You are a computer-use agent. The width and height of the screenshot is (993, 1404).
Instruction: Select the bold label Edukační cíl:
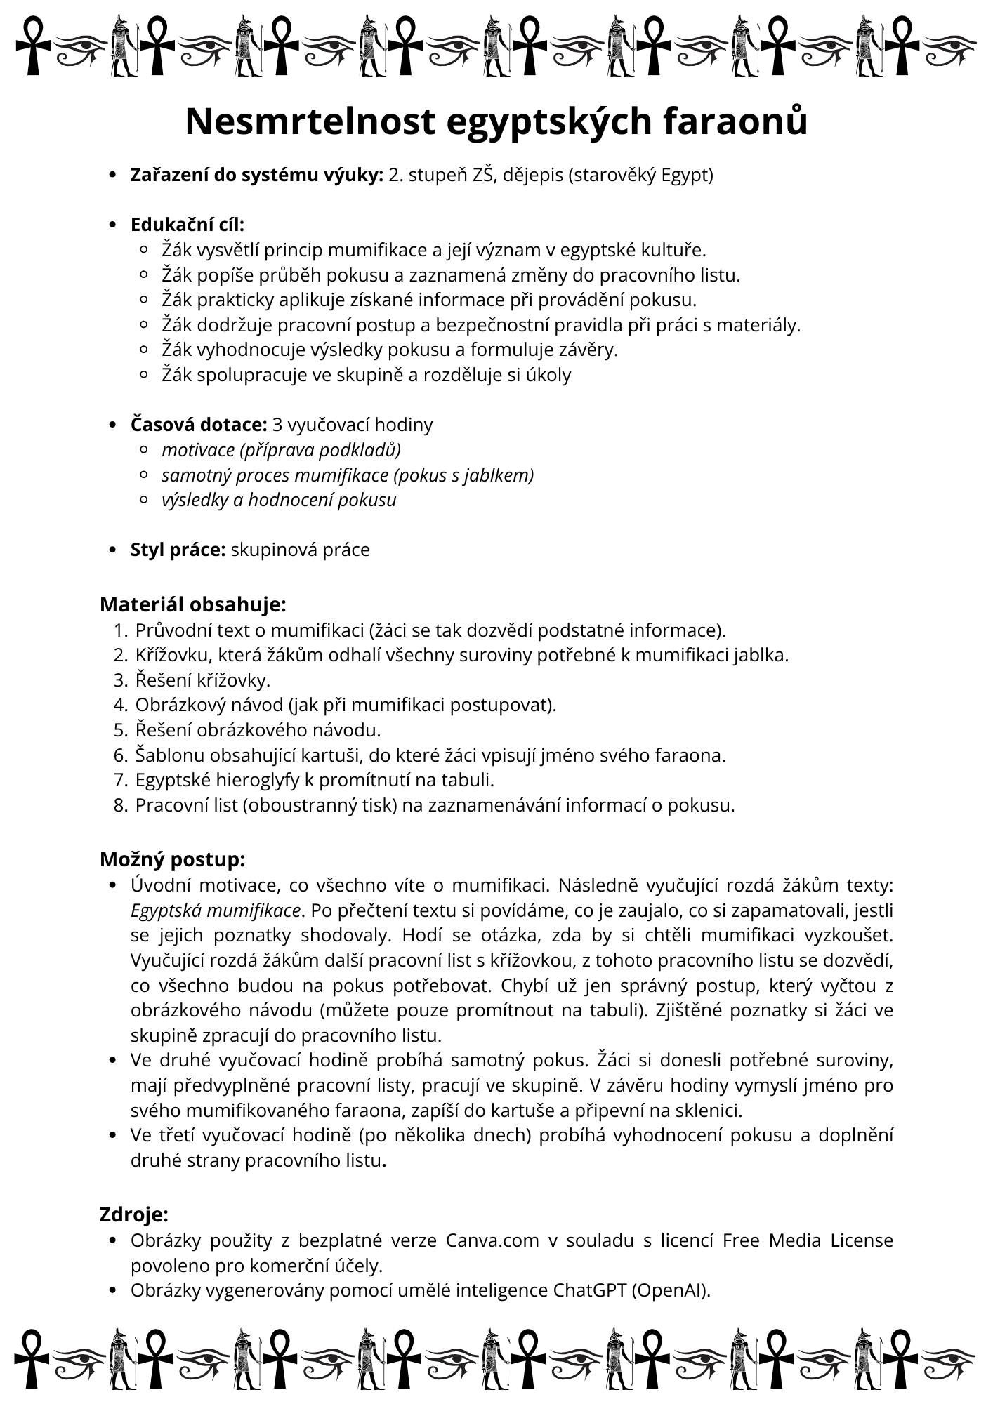(x=188, y=225)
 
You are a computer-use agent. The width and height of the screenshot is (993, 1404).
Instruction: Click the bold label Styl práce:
(x=178, y=550)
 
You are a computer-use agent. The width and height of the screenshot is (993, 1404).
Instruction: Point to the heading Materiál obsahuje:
(x=193, y=604)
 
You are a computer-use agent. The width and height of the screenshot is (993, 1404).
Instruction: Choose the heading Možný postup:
(x=173, y=859)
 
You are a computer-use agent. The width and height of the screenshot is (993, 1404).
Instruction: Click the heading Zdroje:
(x=134, y=1214)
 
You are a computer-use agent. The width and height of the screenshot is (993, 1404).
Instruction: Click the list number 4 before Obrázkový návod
(x=119, y=705)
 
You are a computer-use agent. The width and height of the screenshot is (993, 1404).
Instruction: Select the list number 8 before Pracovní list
(x=119, y=805)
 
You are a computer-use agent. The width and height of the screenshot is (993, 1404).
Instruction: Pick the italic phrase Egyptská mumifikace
(x=216, y=910)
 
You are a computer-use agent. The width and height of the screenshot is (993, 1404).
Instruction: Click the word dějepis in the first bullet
(x=532, y=175)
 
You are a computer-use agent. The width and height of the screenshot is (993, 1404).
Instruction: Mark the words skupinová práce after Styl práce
(x=300, y=550)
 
